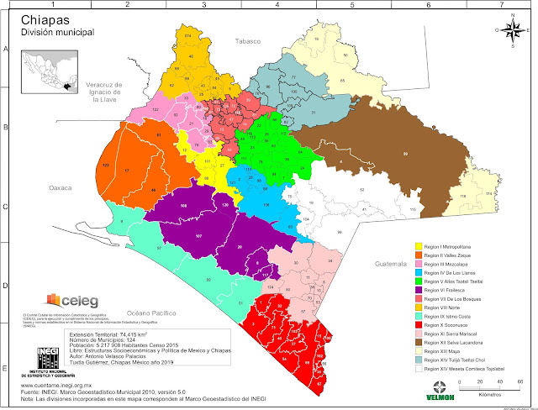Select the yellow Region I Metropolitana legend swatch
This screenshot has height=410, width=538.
click(419, 249)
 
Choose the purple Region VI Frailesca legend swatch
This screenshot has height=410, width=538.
click(419, 291)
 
